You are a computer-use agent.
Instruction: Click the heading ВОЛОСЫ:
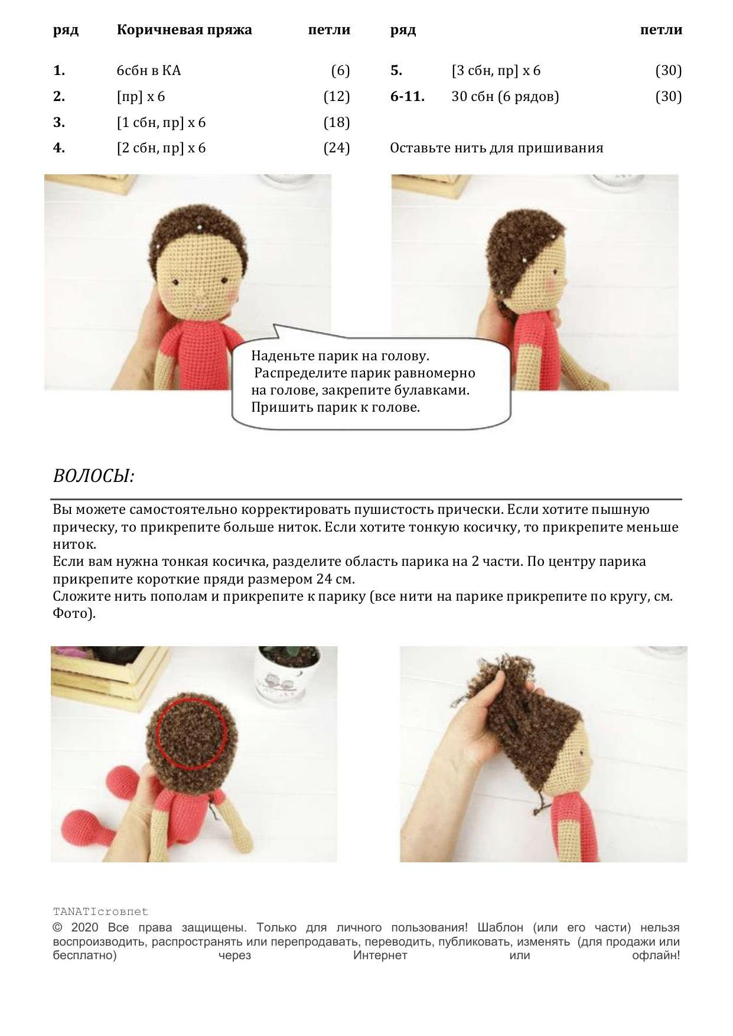point(93,476)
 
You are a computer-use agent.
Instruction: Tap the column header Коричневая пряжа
point(184,30)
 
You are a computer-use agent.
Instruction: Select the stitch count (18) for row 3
point(337,122)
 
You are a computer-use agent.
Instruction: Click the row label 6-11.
point(407,96)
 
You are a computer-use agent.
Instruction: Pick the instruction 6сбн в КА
point(149,71)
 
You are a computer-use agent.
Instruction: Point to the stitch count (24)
point(337,148)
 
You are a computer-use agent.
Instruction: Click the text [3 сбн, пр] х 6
point(496,71)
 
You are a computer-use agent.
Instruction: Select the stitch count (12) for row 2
point(337,96)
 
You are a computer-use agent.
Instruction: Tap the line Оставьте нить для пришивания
point(497,148)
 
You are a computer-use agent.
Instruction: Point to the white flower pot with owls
point(286,673)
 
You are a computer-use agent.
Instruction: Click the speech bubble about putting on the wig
point(371,381)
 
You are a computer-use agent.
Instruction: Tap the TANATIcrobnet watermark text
point(100,911)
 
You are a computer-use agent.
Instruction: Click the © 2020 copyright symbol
point(57,928)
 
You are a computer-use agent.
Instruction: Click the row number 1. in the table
point(59,71)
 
